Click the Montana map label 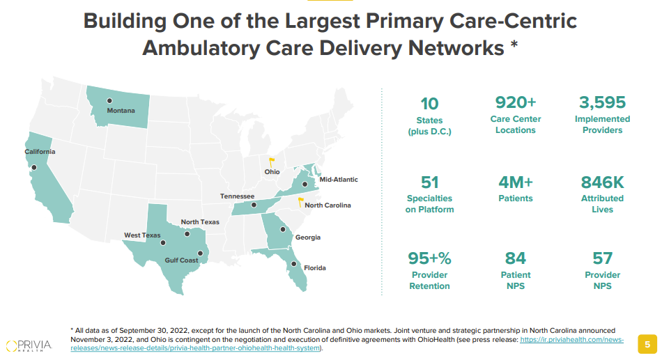tap(121, 111)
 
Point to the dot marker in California tap(33, 167)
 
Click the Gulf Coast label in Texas tap(181, 260)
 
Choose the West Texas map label tap(142, 235)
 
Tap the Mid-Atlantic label tap(339, 180)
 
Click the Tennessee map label tap(237, 196)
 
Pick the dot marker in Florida tap(295, 264)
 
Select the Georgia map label tap(307, 237)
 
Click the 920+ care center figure tap(515, 102)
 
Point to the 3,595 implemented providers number tap(602, 102)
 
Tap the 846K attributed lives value tap(602, 182)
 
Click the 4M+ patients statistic tap(515, 182)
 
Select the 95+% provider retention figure tap(429, 258)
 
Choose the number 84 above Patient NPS tap(515, 258)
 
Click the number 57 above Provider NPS tap(602, 258)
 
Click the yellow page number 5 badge tap(647, 344)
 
